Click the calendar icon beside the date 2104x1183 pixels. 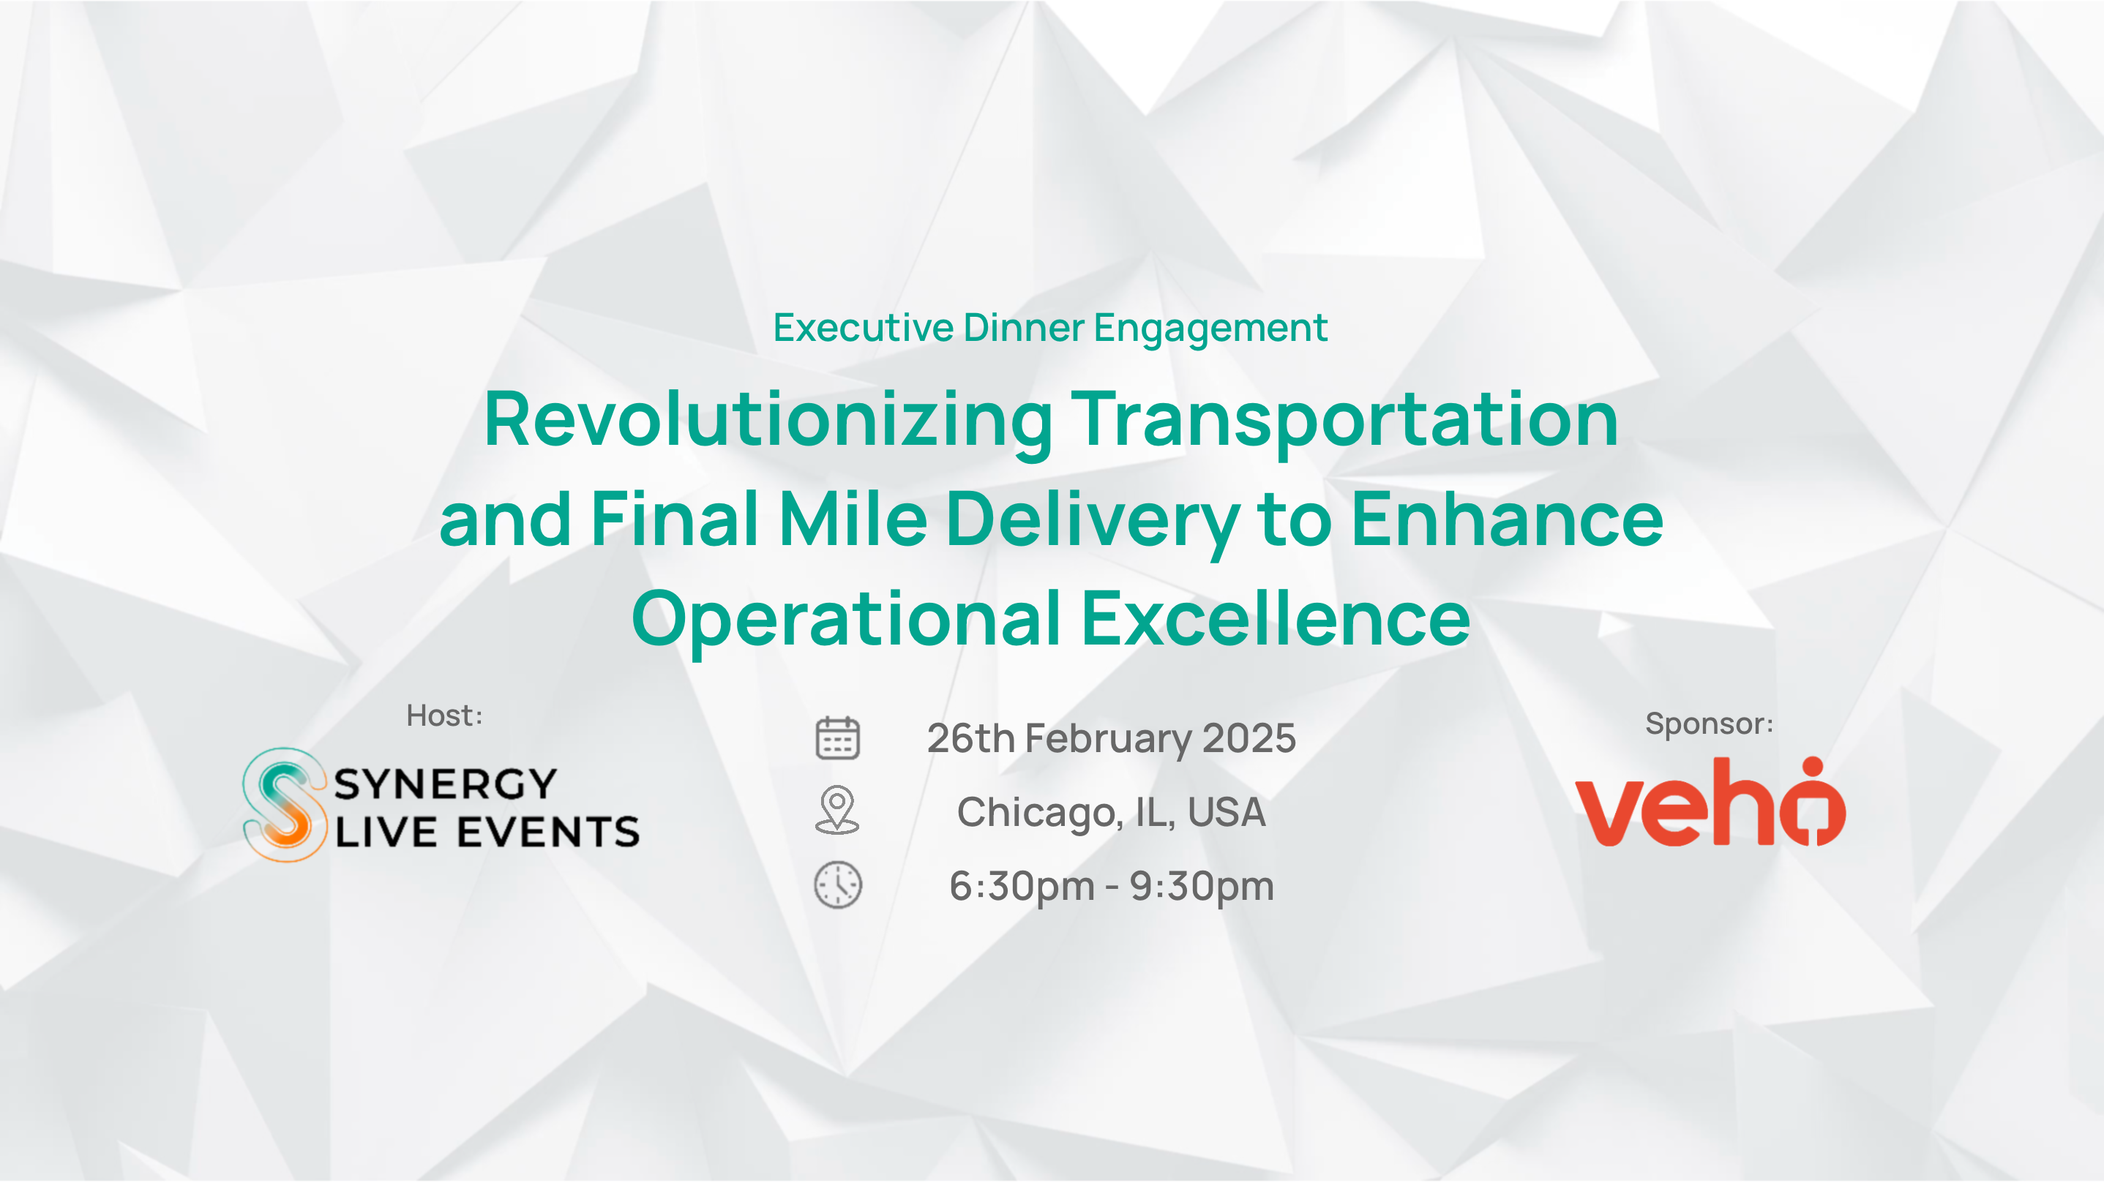pos(837,738)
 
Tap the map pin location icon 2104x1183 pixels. pos(837,810)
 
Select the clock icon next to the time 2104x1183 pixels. pos(838,885)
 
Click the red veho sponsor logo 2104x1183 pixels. pos(1710,802)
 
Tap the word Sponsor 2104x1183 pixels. pos(1704,724)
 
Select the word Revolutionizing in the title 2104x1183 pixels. pos(768,421)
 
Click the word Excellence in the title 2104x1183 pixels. pos(1276,619)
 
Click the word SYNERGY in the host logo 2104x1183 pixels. pos(445,784)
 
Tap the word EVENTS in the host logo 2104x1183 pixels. pos(548,833)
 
